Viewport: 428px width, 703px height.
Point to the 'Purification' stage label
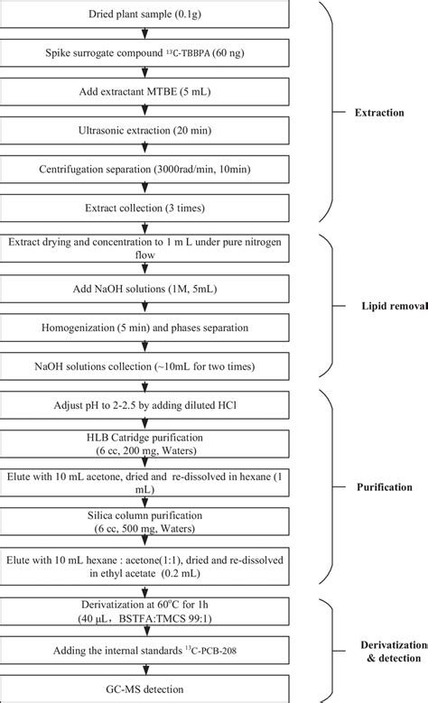(x=386, y=486)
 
